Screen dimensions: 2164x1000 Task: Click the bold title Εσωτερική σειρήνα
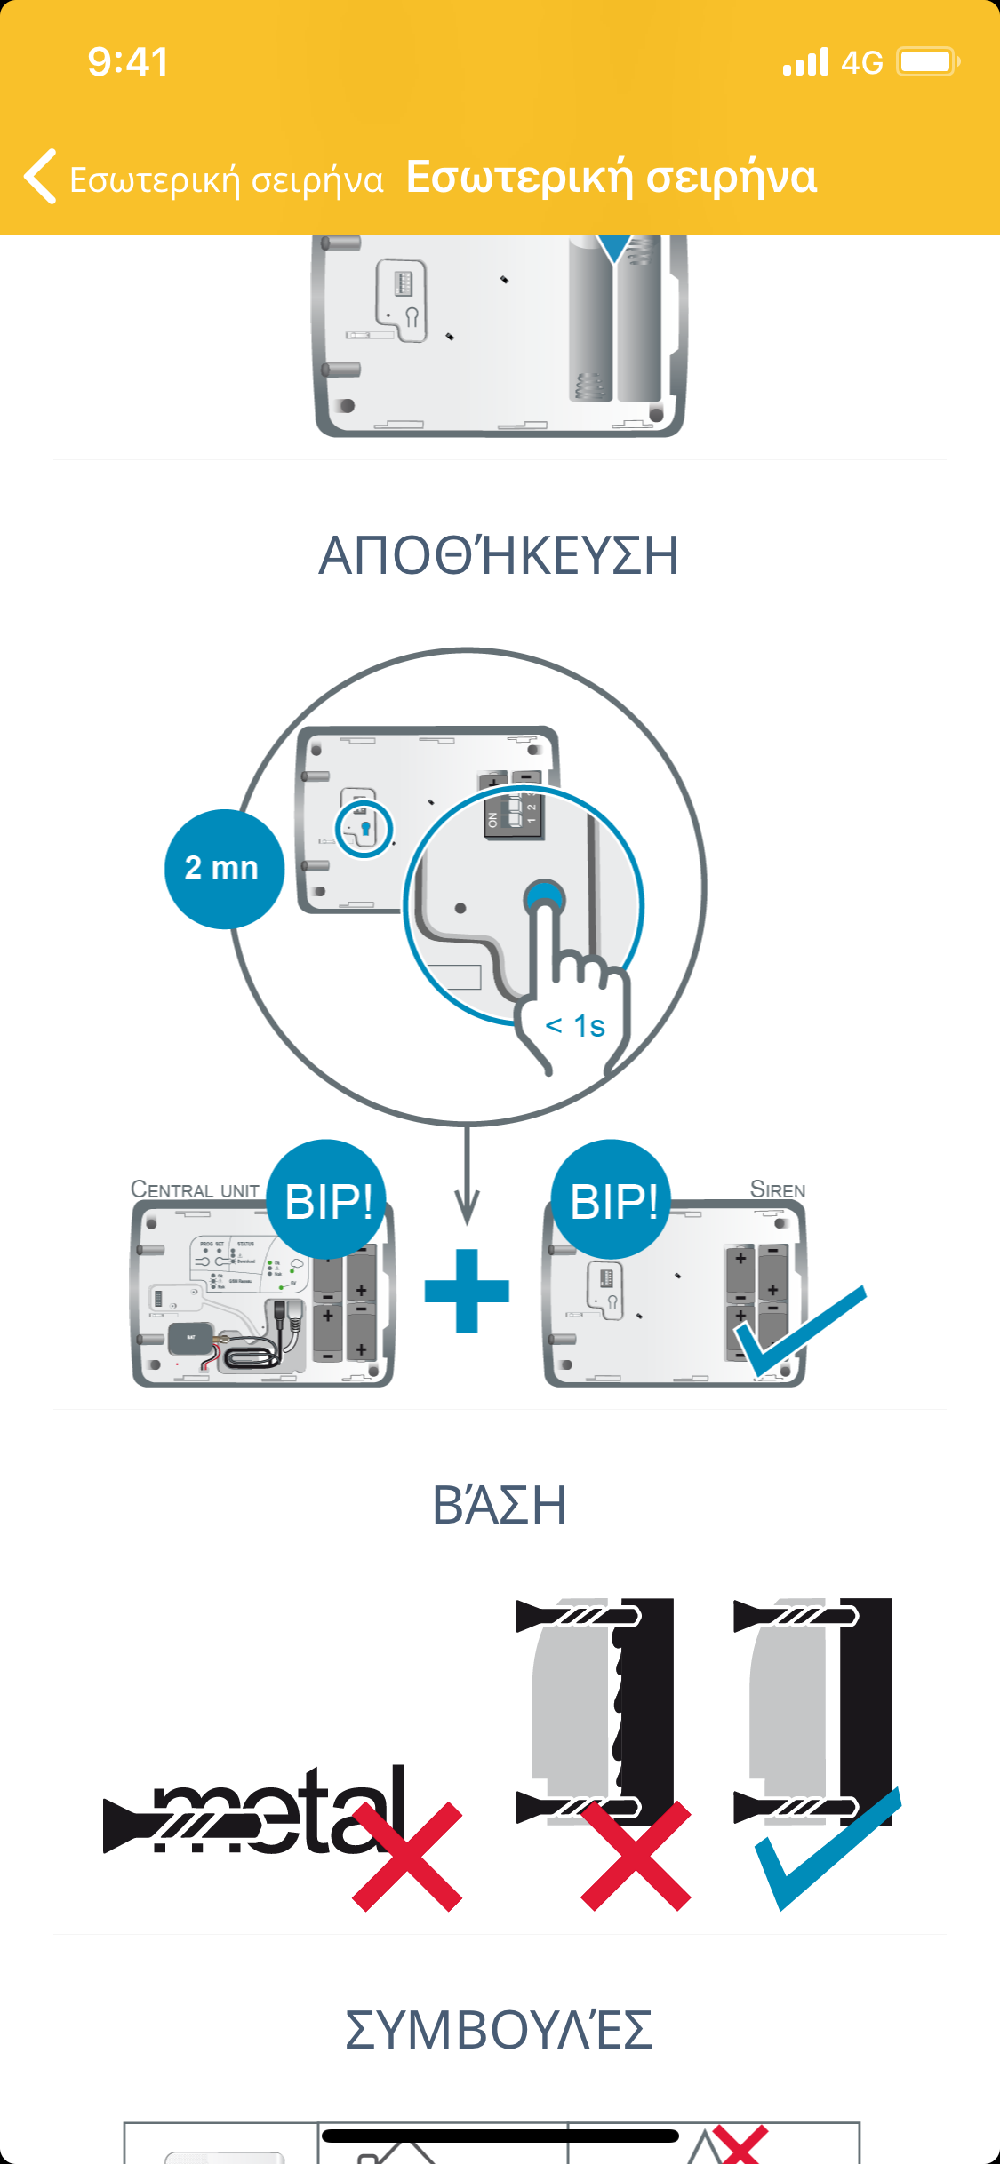612,176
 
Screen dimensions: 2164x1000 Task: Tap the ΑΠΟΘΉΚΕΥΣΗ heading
499,556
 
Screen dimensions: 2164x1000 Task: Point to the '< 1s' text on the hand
575,1026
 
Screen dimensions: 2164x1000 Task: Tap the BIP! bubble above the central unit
327,1199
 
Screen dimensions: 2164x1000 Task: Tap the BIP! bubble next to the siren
612,1199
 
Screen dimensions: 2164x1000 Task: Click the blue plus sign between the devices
467,1291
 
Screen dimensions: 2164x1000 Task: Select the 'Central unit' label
195,1189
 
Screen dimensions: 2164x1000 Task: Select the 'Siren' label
778,1189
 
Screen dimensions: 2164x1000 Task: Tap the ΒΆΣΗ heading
499,1505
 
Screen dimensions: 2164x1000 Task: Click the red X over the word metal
408,1857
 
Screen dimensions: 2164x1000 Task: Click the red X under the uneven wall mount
636,1857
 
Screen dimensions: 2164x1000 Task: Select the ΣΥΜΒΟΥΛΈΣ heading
499,2030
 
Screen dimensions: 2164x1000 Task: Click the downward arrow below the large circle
467,1181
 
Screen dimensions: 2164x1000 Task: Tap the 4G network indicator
861,62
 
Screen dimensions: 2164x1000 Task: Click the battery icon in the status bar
927,62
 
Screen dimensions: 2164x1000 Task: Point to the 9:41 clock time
128,62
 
